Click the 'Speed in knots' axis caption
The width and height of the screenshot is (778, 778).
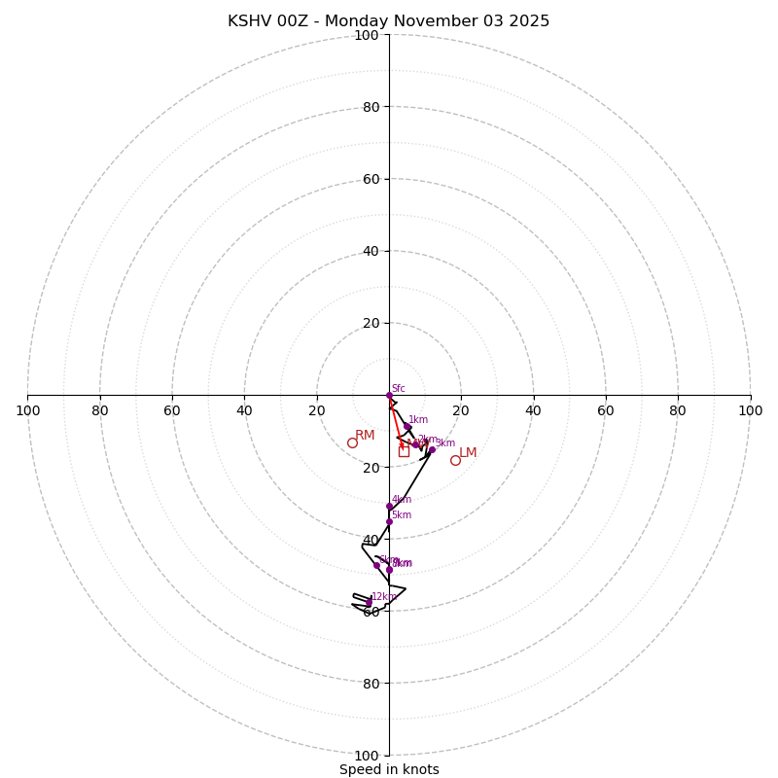389,769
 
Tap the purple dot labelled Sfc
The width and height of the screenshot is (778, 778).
389,395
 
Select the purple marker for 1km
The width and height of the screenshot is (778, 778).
407,427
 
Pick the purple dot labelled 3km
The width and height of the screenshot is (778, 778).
432,450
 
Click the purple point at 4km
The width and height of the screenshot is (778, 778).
389,506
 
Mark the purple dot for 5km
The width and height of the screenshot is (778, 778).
389,521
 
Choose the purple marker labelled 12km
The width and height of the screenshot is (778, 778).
369,603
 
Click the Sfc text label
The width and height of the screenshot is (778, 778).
399,388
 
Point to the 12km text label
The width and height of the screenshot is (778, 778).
383,596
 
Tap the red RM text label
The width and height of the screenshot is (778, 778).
365,435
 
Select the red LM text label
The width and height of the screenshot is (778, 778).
468,452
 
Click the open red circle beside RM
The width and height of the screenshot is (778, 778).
352,442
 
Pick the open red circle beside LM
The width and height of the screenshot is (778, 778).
455,460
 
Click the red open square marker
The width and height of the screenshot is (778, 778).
404,451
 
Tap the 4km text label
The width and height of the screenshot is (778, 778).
402,499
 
